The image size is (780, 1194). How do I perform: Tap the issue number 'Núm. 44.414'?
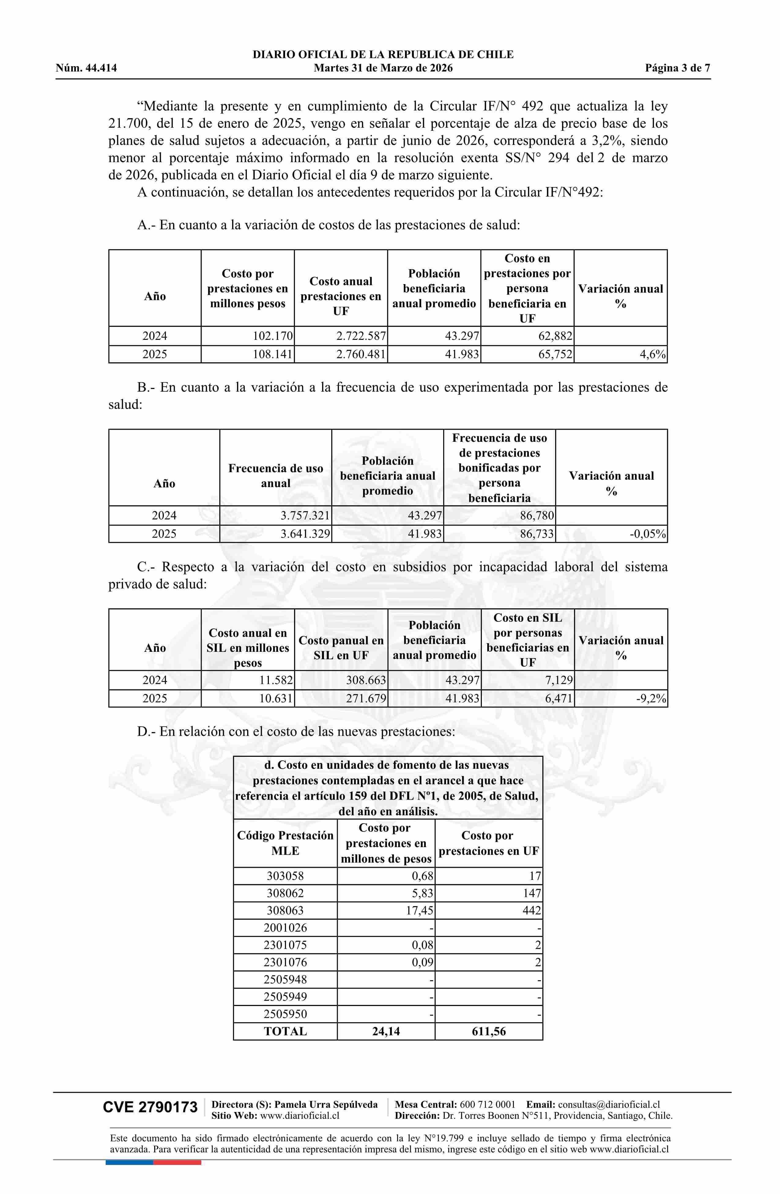coord(86,68)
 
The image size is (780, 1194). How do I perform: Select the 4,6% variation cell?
coord(652,355)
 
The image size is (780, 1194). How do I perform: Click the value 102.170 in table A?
coord(273,336)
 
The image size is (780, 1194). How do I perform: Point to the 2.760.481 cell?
coord(361,355)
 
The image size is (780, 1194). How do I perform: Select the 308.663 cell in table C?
coord(366,680)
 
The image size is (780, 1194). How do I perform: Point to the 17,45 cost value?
coord(420,911)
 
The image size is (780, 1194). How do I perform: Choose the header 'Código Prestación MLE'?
coord(285,843)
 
